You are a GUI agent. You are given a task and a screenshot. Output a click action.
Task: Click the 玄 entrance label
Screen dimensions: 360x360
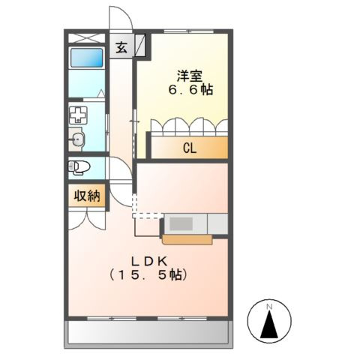click(x=121, y=47)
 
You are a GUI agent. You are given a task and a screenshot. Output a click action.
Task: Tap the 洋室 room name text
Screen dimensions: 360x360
click(x=188, y=75)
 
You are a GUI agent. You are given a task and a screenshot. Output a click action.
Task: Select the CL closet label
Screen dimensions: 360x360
click(x=189, y=148)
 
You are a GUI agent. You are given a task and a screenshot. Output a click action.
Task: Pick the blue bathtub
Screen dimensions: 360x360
click(x=86, y=58)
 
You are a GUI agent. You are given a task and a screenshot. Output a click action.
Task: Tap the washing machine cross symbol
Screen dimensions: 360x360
click(x=78, y=115)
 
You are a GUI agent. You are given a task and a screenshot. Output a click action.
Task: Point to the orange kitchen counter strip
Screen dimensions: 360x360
click(x=187, y=240)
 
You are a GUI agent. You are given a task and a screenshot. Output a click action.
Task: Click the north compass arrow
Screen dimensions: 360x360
click(x=269, y=325)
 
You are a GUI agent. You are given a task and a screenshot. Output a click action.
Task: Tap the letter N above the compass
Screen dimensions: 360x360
click(x=269, y=307)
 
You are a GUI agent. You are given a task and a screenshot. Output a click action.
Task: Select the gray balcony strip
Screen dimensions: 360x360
click(x=150, y=332)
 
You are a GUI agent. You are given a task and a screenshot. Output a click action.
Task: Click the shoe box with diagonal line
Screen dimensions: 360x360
click(x=141, y=46)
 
